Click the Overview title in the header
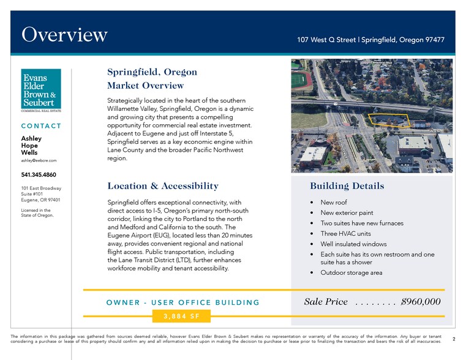[x=65, y=34]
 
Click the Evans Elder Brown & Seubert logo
[x=40, y=91]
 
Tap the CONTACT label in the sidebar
[x=41, y=126]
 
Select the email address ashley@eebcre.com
[x=39, y=160]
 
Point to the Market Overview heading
[x=145, y=86]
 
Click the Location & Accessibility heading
[x=162, y=186]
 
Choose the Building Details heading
[x=347, y=186]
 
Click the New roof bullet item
[x=334, y=202]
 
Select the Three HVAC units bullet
[x=345, y=234]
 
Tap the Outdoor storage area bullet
[x=351, y=272]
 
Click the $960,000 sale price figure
[x=420, y=302]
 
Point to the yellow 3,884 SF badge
[x=181, y=316]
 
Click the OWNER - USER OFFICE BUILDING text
[x=182, y=302]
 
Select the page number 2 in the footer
[x=453, y=338]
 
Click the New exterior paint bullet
[x=347, y=212]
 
